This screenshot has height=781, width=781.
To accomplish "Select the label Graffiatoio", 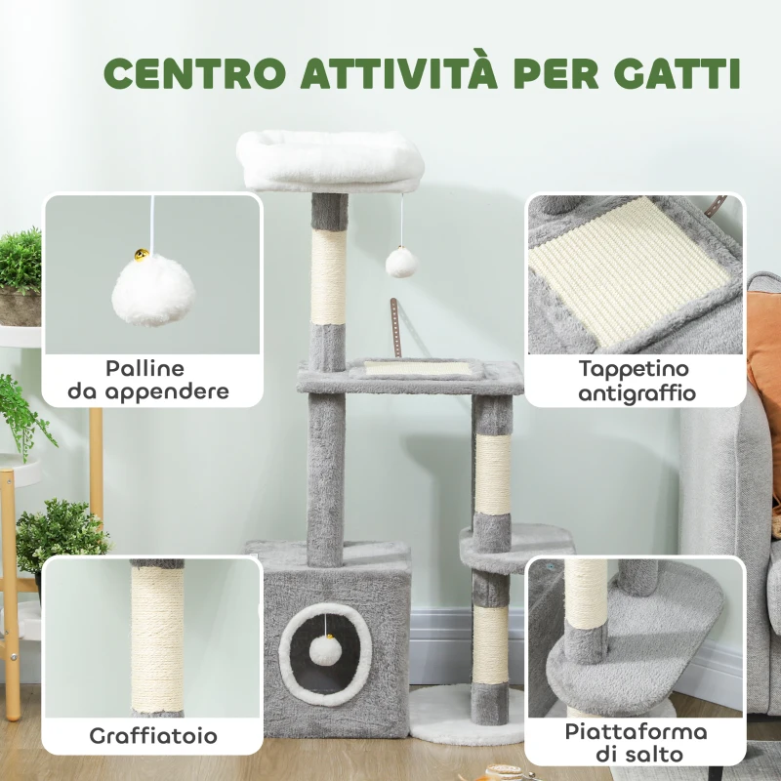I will coord(153,735).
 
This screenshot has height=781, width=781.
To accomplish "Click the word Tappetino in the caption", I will coord(635,369).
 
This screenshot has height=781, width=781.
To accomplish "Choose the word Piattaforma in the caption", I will coord(636,732).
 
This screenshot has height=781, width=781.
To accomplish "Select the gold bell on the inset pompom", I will coord(142,256).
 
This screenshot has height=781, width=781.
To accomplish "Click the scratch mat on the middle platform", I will coord(418,368).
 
